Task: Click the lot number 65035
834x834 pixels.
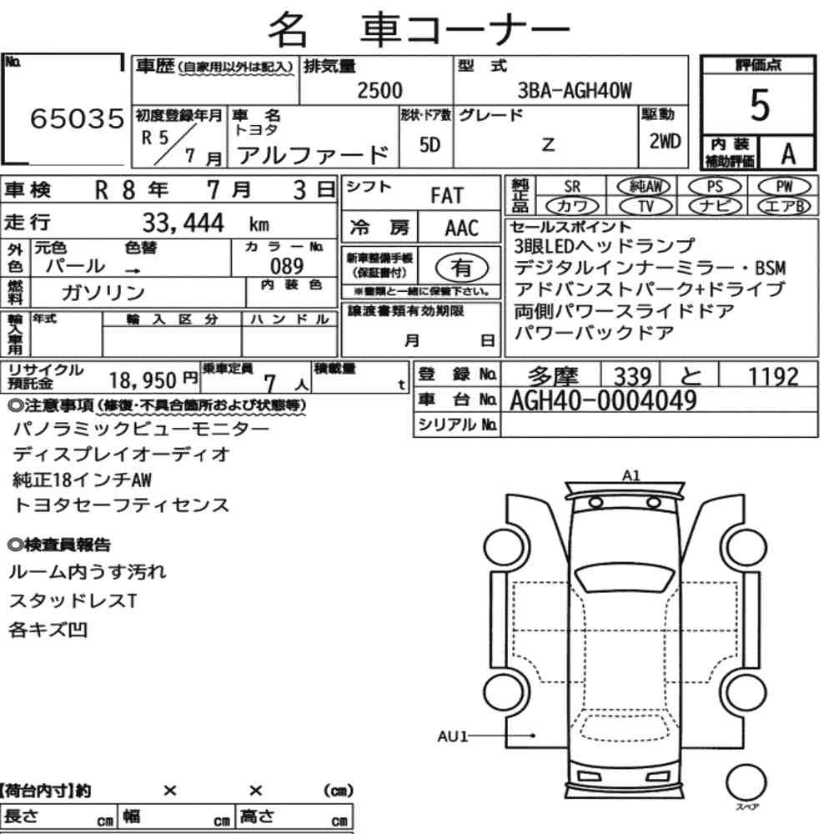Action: click(77, 118)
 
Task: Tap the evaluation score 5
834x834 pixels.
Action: click(760, 105)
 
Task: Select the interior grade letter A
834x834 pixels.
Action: click(788, 153)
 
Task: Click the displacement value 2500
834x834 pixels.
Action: click(379, 90)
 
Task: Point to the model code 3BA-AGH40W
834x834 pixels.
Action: click(575, 91)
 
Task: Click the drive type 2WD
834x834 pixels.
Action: click(665, 142)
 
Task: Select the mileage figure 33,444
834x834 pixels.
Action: click(183, 223)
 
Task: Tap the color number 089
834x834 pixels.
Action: click(287, 266)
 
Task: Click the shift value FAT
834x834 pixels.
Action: click(447, 196)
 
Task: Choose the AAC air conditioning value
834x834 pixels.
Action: click(462, 229)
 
